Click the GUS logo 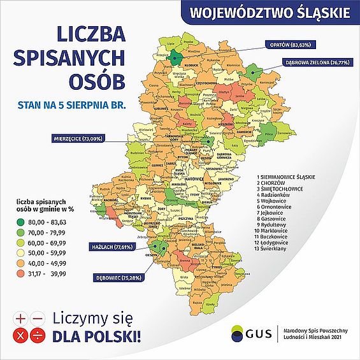pyautogui.click(x=256, y=333)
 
